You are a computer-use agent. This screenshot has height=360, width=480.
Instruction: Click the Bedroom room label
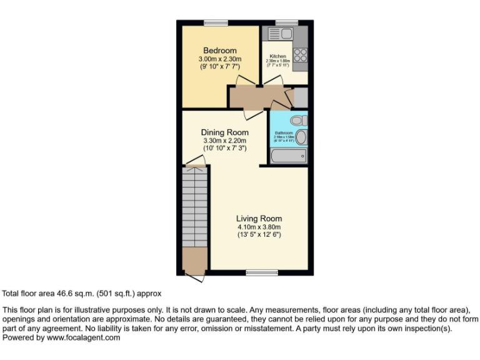219,51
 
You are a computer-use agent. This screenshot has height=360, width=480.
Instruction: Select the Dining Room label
224,132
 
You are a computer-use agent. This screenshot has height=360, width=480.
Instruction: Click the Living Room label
259,219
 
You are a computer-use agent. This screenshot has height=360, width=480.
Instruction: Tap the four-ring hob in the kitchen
300,54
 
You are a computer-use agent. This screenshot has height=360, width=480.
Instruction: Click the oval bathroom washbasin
301,137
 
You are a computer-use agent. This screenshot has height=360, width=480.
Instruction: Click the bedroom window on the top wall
216,23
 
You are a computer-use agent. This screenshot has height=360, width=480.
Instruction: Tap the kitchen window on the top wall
287,23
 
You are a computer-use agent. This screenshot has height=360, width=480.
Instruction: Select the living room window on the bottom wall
262,272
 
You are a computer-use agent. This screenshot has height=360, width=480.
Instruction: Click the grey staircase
194,206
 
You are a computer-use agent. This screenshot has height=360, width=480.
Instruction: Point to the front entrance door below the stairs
194,276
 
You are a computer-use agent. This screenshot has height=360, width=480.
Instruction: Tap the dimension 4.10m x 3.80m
259,227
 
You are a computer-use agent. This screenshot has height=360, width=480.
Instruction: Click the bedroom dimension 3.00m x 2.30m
219,59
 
